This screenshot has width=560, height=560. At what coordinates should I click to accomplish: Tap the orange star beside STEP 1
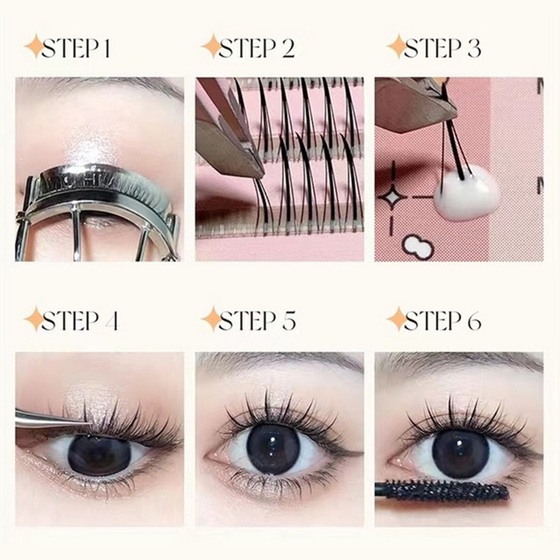[x=35, y=46]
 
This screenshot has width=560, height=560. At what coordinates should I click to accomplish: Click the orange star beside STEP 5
[x=212, y=319]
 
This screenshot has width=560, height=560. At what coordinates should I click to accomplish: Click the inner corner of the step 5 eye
[x=209, y=456]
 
